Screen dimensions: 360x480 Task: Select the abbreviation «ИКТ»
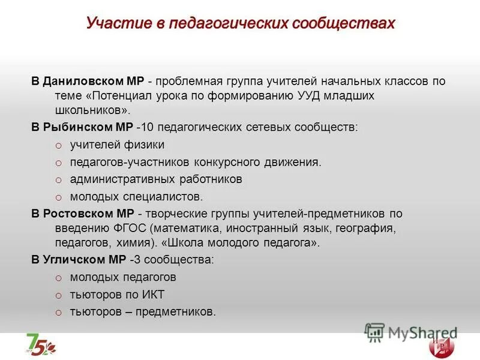click(151, 295)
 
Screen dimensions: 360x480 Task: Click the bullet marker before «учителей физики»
click(58, 145)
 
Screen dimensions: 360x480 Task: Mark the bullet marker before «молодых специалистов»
click(58, 197)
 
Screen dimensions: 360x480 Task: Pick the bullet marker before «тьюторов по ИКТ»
click(58, 295)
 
